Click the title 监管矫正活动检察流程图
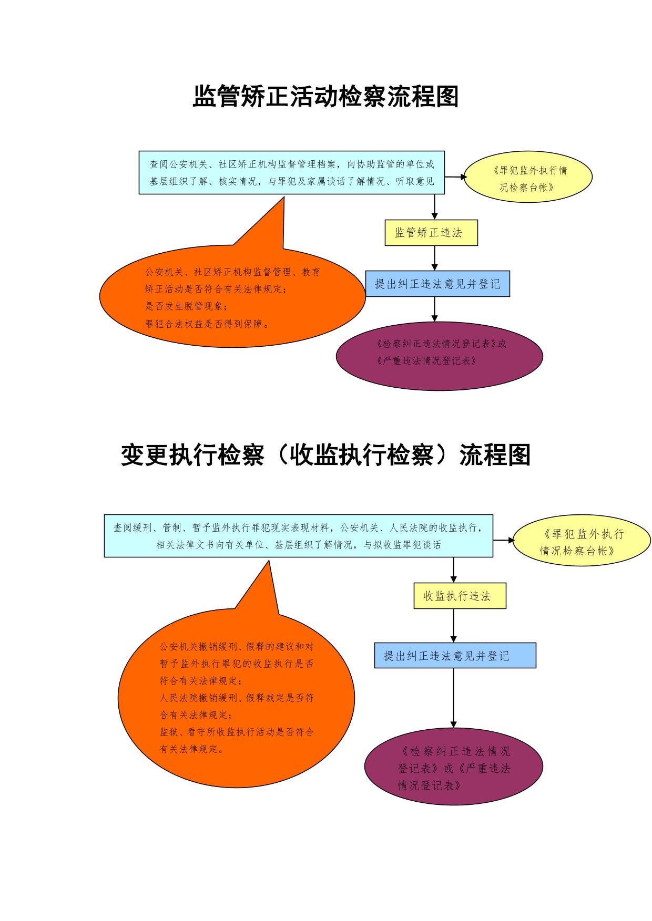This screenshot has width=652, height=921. (x=326, y=96)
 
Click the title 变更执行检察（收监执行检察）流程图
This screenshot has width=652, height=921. (x=326, y=455)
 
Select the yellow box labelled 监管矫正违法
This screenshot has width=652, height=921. (x=431, y=233)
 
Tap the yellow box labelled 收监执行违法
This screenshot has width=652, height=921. (x=460, y=596)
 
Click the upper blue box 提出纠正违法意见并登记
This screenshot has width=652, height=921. (x=437, y=284)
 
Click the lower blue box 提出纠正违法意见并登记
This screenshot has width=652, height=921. (x=455, y=655)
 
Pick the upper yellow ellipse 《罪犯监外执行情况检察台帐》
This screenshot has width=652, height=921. (x=528, y=177)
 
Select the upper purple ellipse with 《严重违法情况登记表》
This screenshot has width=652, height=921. (x=440, y=356)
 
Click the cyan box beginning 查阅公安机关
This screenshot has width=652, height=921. (x=292, y=172)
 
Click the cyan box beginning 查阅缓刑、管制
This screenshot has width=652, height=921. (x=299, y=535)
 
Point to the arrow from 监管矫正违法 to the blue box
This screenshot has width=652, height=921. (x=435, y=258)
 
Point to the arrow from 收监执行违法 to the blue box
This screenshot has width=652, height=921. (x=454, y=626)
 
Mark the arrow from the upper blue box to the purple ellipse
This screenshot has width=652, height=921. (x=435, y=309)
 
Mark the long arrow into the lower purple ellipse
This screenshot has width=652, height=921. (x=454, y=698)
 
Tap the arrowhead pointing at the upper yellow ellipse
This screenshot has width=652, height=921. (x=464, y=177)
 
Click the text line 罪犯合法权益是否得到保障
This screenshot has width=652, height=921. (x=208, y=324)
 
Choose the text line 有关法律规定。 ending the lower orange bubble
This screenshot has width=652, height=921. (x=192, y=749)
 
